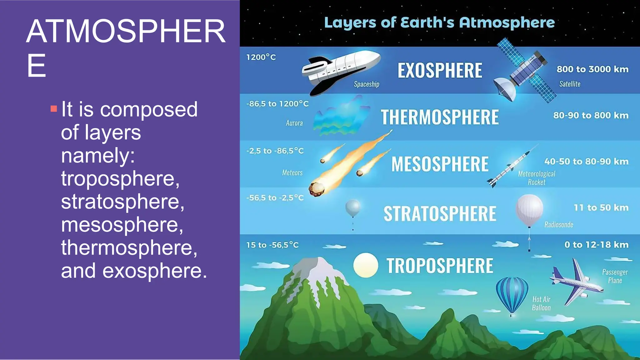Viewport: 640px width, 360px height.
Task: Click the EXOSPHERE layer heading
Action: click(x=440, y=70)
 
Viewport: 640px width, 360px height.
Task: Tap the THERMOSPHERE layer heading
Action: click(x=439, y=117)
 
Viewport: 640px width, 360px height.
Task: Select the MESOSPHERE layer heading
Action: click(x=440, y=164)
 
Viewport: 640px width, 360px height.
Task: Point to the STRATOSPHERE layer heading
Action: click(x=440, y=214)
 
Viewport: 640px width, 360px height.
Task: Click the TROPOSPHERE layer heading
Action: click(x=440, y=266)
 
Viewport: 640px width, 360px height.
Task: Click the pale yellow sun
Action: click(x=365, y=265)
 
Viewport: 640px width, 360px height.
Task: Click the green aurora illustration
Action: click(x=341, y=117)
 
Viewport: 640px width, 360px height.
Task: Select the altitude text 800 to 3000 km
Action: click(x=592, y=69)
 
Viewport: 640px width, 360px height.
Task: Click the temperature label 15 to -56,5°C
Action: click(x=272, y=245)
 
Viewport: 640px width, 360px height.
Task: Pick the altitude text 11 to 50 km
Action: click(x=601, y=207)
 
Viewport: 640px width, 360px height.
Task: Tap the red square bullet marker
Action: click(x=54, y=109)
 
